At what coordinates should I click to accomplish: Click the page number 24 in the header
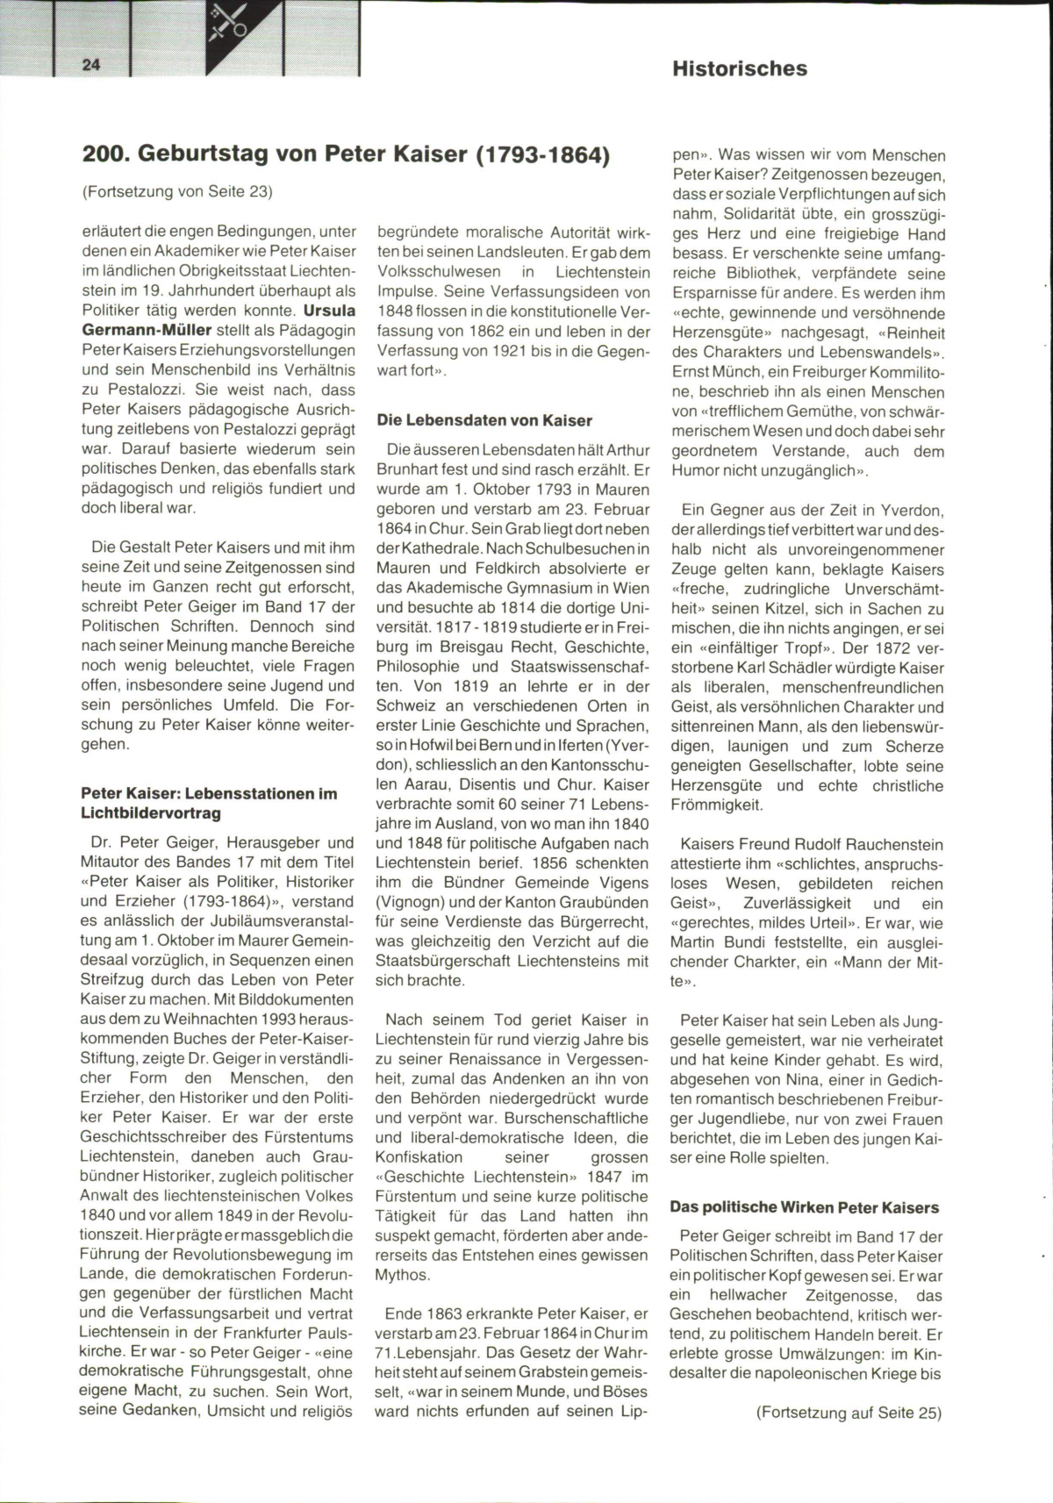click(91, 64)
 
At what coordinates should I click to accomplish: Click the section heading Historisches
click(740, 68)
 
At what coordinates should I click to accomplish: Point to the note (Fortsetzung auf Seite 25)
click(848, 1413)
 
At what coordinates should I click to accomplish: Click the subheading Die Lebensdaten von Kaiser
click(484, 420)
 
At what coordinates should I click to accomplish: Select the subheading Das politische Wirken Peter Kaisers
click(804, 1207)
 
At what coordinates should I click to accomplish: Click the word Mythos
click(403, 1275)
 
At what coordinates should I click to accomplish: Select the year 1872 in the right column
click(877, 648)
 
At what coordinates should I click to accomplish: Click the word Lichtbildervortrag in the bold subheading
click(151, 813)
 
